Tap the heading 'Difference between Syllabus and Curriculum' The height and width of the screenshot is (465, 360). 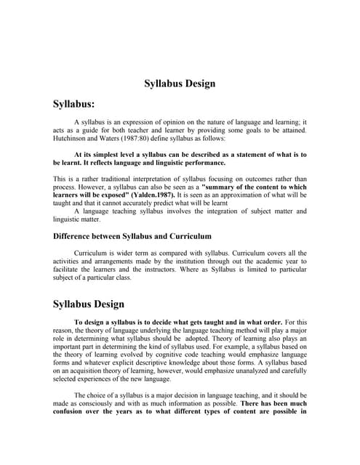[x=132, y=236]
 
